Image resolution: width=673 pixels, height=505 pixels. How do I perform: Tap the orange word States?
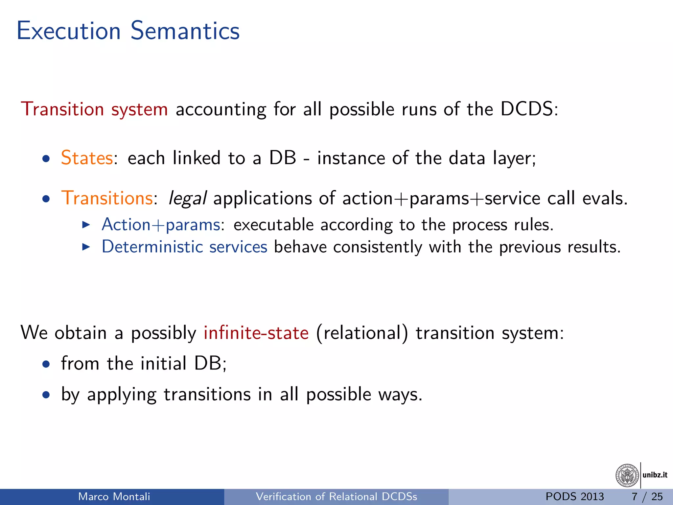point(87,158)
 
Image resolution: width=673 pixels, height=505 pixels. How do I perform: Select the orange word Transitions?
point(107,198)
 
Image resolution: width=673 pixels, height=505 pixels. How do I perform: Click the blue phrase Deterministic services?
point(184,247)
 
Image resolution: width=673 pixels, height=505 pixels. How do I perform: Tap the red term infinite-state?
point(256,333)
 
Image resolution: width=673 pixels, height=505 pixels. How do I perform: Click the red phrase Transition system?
point(94,109)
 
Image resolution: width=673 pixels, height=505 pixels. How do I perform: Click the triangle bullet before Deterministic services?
point(86,247)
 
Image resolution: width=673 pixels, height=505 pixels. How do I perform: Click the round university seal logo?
point(627,475)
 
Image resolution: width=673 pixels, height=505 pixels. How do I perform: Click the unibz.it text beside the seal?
point(655,475)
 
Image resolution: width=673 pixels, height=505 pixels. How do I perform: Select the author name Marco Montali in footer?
point(114,496)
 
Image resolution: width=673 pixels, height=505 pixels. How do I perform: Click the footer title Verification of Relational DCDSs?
point(336,496)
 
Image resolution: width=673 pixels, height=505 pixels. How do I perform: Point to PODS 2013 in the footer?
point(574,496)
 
